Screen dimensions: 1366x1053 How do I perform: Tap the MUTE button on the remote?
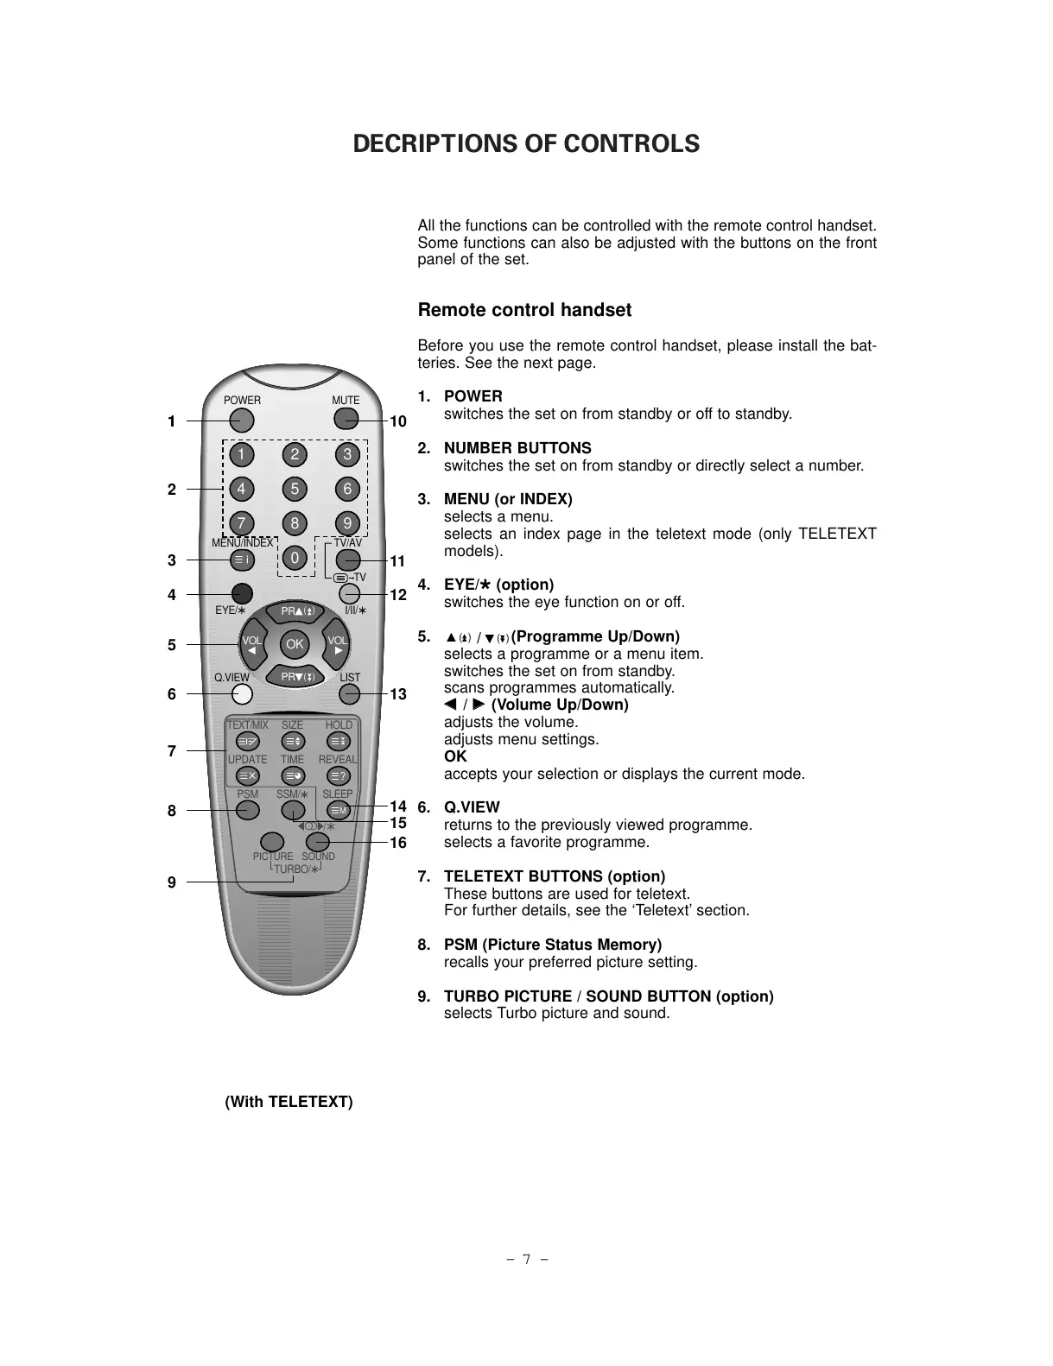point(346,421)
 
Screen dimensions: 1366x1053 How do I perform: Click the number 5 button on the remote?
point(295,490)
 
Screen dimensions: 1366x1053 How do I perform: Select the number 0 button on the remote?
point(295,559)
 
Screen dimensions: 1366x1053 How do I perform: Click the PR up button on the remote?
point(295,612)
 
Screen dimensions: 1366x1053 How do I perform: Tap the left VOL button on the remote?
point(251,645)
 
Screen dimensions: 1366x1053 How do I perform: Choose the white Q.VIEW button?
point(242,694)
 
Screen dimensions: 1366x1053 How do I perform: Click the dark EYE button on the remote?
point(242,594)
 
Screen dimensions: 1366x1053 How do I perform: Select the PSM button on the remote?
point(248,810)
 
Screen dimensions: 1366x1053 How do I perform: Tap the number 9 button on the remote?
point(347,523)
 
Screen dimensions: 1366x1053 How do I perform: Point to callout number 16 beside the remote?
point(397,843)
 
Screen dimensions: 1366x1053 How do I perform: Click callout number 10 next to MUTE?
point(397,421)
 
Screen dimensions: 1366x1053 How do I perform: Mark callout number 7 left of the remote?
point(172,751)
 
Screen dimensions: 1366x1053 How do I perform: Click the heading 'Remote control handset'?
point(524,310)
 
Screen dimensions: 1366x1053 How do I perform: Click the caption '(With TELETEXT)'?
point(289,1102)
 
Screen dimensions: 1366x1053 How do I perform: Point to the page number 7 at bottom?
point(526,1259)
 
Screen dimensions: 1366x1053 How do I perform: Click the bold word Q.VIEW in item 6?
point(472,807)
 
